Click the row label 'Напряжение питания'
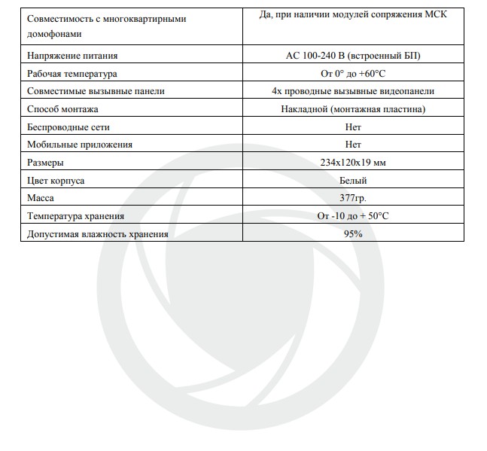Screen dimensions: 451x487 72,56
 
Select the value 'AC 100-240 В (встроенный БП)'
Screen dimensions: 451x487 353,56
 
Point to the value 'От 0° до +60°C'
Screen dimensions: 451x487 353,74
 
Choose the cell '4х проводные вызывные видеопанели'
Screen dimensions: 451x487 353,91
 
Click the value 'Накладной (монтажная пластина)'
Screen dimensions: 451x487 353,109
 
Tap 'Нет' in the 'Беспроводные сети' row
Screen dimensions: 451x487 353,126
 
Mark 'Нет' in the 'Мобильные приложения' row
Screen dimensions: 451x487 353,145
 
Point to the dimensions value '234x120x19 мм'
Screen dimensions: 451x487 353,162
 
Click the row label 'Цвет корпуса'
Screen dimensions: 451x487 56,180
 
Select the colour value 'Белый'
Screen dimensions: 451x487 353,180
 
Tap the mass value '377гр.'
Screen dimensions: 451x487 353,197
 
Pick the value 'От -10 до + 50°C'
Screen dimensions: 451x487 353,215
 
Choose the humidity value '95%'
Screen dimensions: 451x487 353,233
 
